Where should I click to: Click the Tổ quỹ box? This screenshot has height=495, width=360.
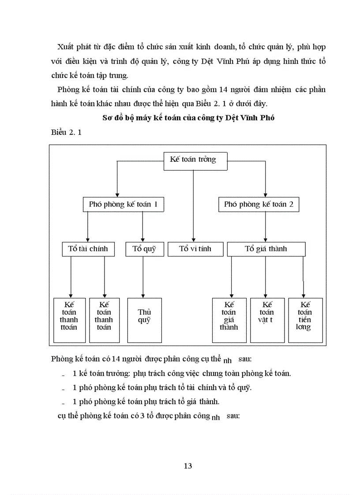coord(144,249)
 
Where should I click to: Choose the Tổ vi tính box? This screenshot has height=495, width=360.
coord(195,249)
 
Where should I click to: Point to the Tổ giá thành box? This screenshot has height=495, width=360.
coord(266,249)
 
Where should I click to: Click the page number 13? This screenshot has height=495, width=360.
coord(188,466)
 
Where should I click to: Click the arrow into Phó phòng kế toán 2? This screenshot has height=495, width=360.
coord(265,181)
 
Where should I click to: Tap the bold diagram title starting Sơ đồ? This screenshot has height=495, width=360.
coord(188,118)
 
